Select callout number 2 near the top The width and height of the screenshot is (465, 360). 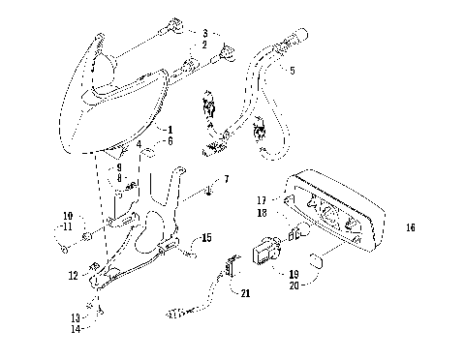click(x=204, y=45)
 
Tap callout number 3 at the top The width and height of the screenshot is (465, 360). click(x=204, y=34)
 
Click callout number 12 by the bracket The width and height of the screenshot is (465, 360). click(x=74, y=276)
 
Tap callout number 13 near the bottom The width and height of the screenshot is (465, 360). click(x=75, y=316)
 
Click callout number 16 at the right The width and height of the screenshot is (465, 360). click(x=411, y=228)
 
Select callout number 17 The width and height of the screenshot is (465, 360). click(x=262, y=200)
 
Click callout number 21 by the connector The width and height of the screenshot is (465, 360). click(x=244, y=293)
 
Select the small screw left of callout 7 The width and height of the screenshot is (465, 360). click(x=210, y=193)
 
